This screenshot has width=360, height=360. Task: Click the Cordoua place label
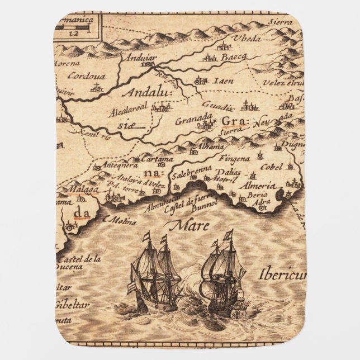pos(82,76)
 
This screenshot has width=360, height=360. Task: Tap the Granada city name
pos(193,120)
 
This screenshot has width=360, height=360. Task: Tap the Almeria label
pos(257,186)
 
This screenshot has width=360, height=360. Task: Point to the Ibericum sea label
pos(282,274)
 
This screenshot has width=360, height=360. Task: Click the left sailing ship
pos(154,274)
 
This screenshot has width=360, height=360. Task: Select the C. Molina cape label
pos(120,221)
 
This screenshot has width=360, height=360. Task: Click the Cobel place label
pos(271,166)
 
